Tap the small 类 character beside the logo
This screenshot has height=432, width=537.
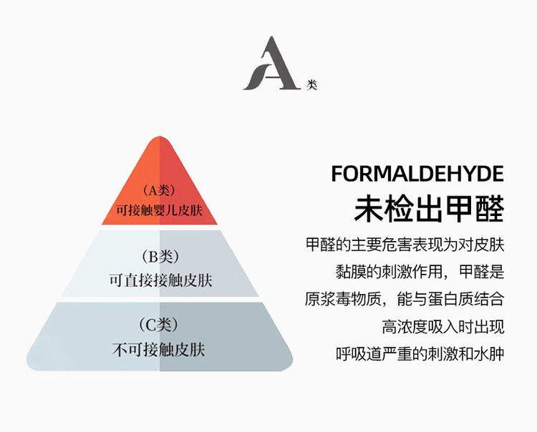(311, 84)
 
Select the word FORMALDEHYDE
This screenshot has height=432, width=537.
(417, 174)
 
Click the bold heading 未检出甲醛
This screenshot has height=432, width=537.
(429, 207)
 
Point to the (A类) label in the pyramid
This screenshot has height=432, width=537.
(159, 190)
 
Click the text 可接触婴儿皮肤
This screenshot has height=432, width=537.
(159, 211)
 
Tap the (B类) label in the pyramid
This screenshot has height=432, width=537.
(159, 257)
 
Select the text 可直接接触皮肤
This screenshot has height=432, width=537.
(160, 280)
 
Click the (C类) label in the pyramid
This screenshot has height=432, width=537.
(159, 325)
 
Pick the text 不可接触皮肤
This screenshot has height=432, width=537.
(159, 349)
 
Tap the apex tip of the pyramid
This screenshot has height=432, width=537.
(159, 139)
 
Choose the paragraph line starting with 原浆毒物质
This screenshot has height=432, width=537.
(405, 299)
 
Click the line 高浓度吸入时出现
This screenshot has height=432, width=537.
(443, 327)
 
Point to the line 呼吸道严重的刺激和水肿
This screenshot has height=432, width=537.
(420, 354)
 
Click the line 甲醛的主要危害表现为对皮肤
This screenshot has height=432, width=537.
(405, 245)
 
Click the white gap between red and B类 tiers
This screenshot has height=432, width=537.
(159, 228)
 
